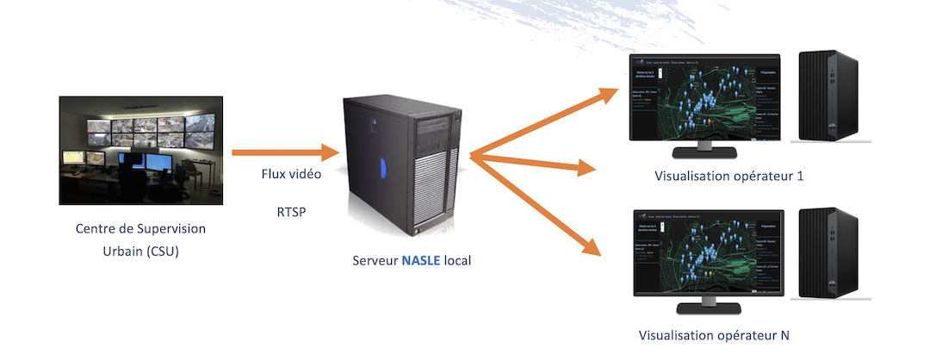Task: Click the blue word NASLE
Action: tap(421, 259)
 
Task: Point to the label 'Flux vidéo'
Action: tap(291, 174)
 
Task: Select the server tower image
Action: tap(401, 164)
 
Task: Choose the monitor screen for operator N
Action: tap(706, 253)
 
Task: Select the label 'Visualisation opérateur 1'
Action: tap(728, 177)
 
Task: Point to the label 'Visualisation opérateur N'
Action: tap(714, 334)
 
